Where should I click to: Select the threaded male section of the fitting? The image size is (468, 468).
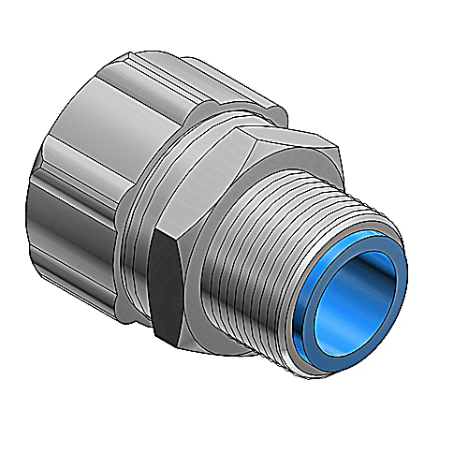[x=281, y=253]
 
